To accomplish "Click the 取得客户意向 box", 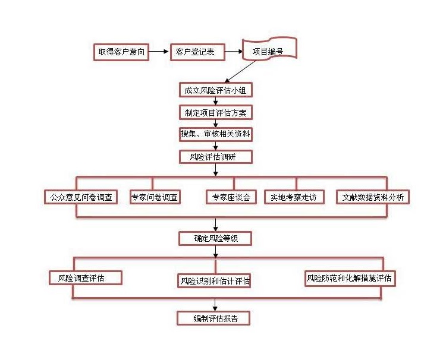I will (x=121, y=52).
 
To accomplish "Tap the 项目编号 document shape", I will (x=268, y=51).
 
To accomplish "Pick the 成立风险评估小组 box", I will (x=216, y=90).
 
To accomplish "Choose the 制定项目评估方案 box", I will (x=216, y=112).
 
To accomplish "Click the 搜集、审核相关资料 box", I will (x=216, y=134).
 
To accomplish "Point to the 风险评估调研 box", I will (x=216, y=157).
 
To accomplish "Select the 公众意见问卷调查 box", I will (x=80, y=197).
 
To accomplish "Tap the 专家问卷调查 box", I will (x=155, y=197).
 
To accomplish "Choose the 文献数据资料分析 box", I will (x=373, y=197).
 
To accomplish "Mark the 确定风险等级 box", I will (x=215, y=239).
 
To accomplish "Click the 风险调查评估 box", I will (x=86, y=278).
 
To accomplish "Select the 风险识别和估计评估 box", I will (x=215, y=280).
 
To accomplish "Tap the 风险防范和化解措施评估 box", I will (x=350, y=278).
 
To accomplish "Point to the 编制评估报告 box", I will (x=213, y=318).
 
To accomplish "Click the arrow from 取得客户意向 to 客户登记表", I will (x=158, y=52).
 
